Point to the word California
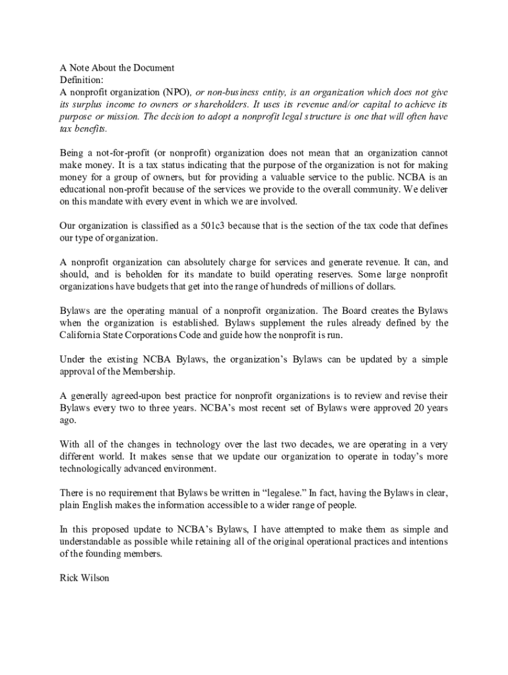82,335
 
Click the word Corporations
166,335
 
